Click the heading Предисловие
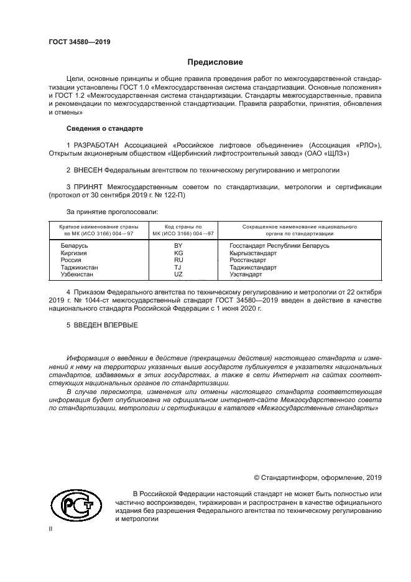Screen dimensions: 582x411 215,62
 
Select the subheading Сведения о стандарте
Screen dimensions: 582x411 104,128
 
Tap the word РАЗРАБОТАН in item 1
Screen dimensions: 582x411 96,145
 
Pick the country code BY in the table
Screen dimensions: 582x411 178,246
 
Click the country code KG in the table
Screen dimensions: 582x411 178,253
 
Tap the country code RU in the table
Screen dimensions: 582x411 178,260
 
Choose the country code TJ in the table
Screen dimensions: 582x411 178,267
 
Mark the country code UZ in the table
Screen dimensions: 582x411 178,274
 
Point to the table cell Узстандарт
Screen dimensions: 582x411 245,274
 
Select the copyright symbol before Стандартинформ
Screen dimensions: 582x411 258,477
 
